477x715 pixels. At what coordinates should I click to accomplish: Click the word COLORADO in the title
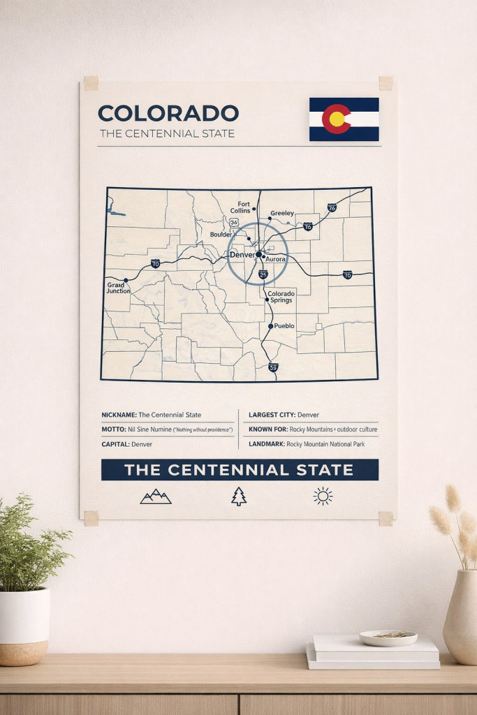168,113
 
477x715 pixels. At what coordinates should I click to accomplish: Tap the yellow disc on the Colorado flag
337,119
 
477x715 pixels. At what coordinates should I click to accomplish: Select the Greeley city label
281,213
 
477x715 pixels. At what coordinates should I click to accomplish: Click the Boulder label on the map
221,235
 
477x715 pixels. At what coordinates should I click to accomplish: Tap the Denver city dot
258,255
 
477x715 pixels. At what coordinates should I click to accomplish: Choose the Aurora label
277,259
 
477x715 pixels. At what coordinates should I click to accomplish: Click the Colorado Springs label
281,297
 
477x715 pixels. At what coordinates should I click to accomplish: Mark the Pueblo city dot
270,326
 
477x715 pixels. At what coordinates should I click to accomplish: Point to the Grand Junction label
118,288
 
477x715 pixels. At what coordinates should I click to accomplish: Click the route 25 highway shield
263,275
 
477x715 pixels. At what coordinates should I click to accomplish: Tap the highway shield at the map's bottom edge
273,367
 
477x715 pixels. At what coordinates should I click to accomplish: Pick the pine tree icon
239,496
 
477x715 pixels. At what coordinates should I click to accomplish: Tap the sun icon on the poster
323,496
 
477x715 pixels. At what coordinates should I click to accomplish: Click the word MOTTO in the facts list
112,429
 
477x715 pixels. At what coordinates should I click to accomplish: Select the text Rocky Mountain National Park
325,443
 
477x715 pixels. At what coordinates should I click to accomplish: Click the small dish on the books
388,637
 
